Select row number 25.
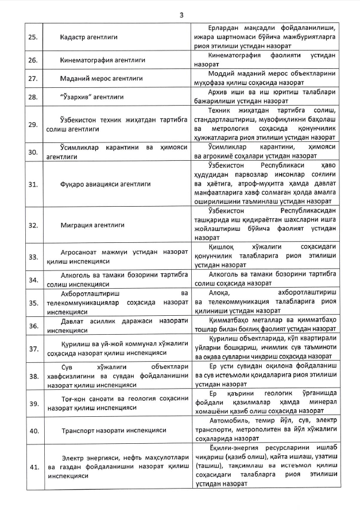coord(33,37)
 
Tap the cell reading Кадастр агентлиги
coord(88,37)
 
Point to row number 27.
coord(33,78)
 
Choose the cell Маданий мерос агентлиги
coord(102,78)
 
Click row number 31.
coord(33,184)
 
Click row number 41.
coord(33,468)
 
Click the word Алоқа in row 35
coord(217,293)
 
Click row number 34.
coord(33,280)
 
